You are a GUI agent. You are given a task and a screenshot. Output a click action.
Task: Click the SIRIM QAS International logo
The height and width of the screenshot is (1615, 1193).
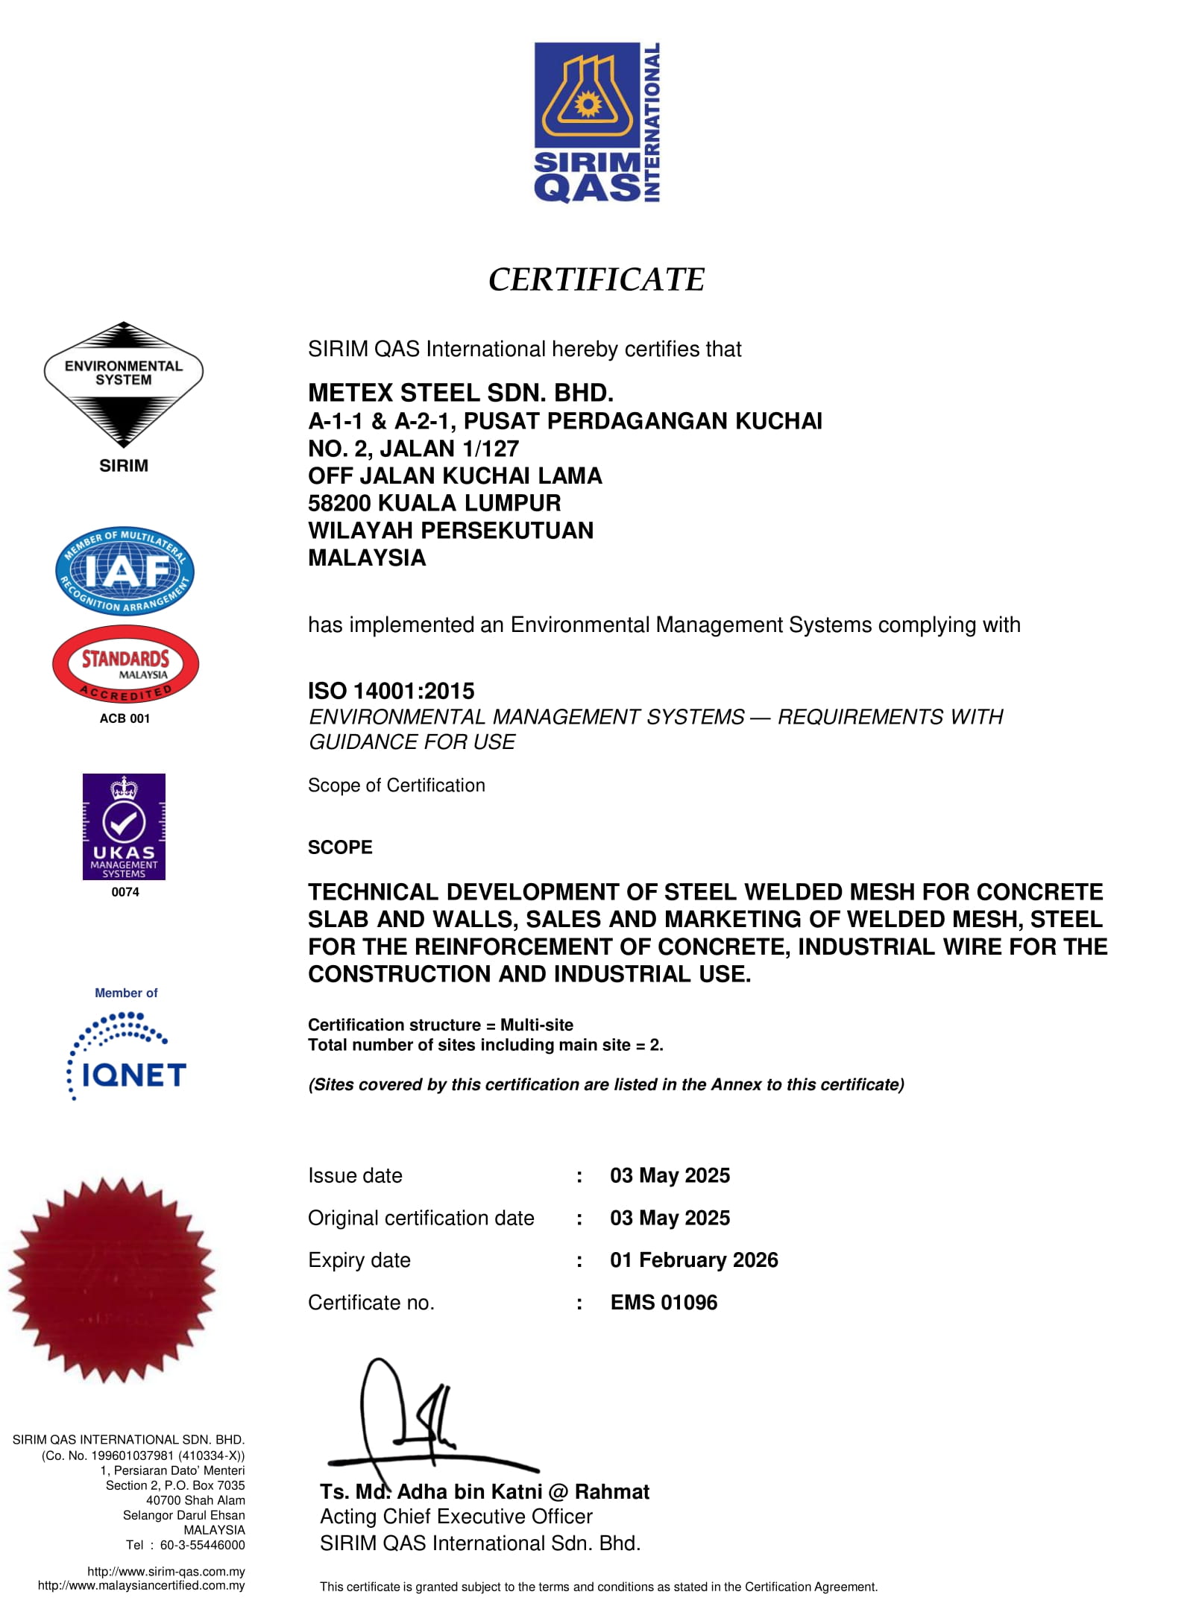pos(596,122)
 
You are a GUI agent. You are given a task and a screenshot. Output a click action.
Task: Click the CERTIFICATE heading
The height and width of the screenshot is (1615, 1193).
pos(596,279)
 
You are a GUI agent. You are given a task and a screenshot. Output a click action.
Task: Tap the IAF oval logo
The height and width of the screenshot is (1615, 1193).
pos(125,571)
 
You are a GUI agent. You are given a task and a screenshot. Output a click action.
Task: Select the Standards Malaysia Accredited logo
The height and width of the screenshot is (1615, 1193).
pos(125,664)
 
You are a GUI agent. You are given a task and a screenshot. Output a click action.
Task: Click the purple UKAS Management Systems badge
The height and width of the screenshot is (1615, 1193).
pos(124,827)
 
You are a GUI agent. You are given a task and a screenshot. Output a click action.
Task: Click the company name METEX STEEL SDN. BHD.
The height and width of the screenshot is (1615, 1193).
pos(461,393)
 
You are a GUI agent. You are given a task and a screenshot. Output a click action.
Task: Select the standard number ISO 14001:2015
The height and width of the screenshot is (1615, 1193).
pos(391,691)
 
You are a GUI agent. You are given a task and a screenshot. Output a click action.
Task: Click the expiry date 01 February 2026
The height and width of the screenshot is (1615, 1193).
pos(693,1260)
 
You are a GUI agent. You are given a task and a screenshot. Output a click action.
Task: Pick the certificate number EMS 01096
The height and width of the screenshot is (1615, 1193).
pos(664,1303)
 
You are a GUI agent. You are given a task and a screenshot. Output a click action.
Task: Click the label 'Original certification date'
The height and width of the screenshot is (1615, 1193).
pos(421,1218)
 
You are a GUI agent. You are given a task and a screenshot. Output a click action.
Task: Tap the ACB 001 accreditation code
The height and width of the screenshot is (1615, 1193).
pos(125,718)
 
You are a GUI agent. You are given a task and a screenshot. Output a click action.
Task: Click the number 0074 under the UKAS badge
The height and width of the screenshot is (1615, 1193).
pos(125,892)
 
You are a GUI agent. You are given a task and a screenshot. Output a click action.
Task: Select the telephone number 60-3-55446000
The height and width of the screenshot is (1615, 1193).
pos(202,1545)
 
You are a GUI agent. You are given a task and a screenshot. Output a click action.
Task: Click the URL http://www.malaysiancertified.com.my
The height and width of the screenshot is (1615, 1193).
pos(141,1585)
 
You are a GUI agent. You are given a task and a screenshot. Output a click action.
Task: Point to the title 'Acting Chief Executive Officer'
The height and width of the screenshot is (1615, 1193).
pos(456,1517)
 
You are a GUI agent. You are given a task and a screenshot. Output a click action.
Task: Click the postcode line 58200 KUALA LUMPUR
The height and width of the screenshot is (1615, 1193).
pos(434,503)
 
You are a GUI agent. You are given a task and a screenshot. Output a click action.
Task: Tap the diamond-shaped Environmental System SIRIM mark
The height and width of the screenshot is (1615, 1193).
pos(124,384)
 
